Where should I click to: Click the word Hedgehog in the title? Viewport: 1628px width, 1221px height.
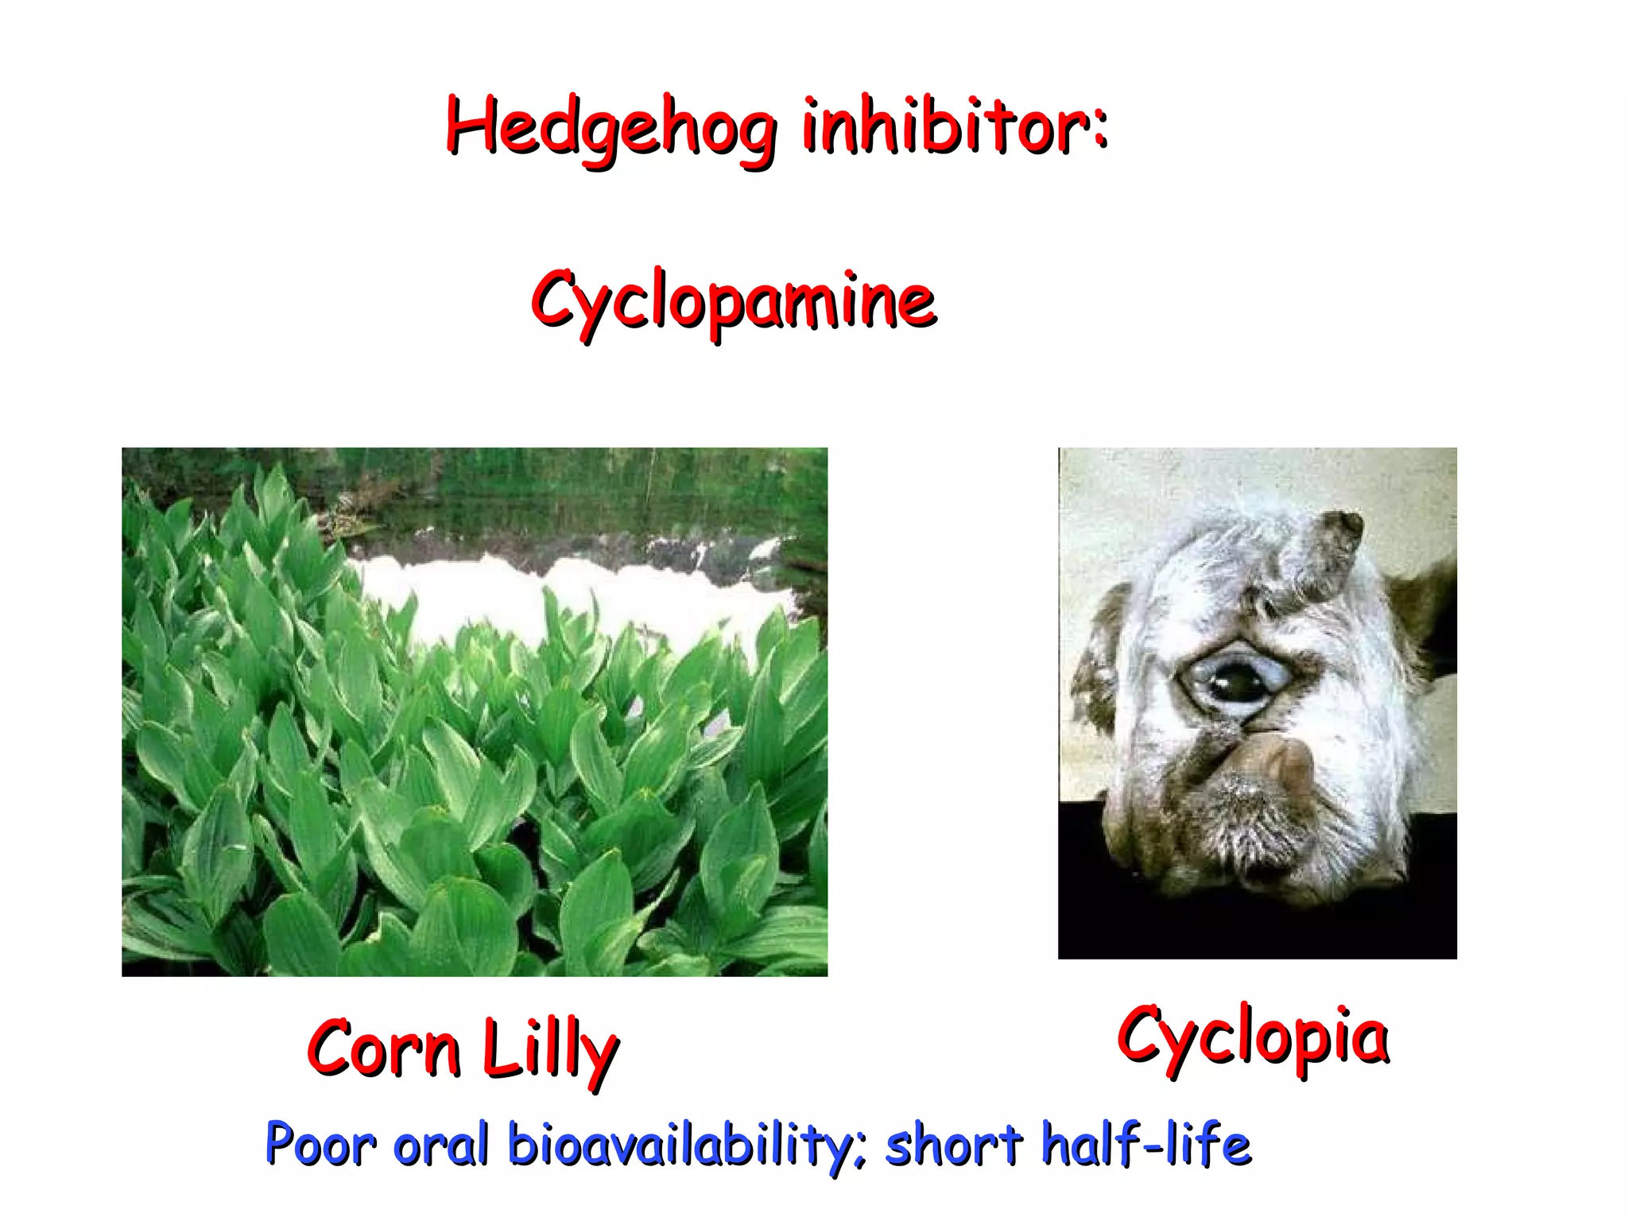click(x=610, y=127)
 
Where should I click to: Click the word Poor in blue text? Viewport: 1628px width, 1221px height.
click(x=320, y=1145)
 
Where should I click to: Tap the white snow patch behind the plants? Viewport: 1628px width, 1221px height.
click(x=556, y=604)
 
